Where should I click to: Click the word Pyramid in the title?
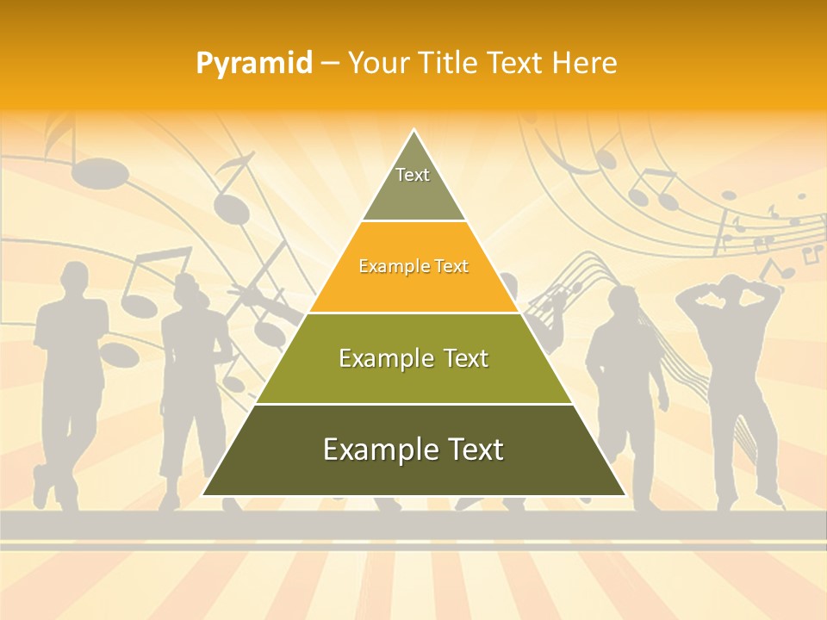click(254, 63)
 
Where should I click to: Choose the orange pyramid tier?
click(413, 267)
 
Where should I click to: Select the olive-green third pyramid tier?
click(413, 358)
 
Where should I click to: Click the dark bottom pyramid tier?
click(413, 449)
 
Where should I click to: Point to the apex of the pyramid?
click(413, 131)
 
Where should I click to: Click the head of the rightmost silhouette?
click(732, 293)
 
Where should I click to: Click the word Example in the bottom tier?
click(374, 449)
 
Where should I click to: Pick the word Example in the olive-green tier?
click(379, 358)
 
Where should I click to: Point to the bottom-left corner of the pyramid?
click(203, 495)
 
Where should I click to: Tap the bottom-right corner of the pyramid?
click(625, 495)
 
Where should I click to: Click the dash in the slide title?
click(330, 63)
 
